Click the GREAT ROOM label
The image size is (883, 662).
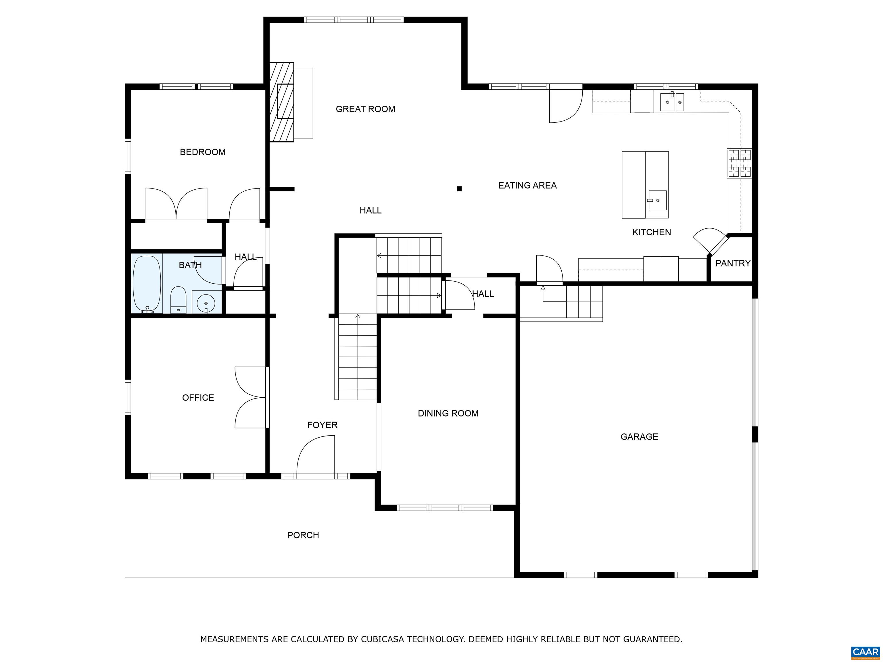pos(365,109)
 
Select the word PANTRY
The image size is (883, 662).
pos(732,263)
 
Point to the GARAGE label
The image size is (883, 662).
pos(639,436)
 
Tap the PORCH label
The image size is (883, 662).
pos(303,535)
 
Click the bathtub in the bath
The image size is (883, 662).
pos(147,284)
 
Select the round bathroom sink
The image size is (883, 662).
pos(206,302)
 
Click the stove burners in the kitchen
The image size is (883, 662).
pos(739,163)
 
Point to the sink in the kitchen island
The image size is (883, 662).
pos(657,200)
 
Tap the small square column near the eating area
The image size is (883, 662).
pos(459,189)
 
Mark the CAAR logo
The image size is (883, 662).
pos(865,652)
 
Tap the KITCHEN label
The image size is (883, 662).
pos(652,232)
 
